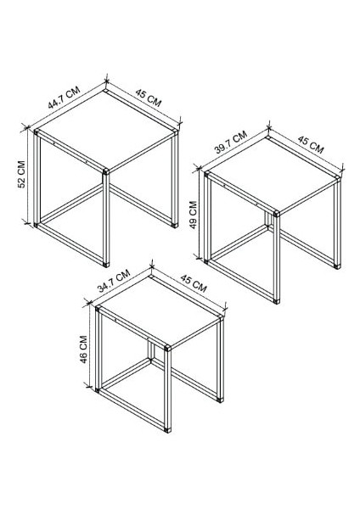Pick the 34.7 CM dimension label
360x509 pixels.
(114, 281)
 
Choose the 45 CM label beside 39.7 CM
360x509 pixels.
(310, 146)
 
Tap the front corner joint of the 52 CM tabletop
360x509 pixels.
(105, 171)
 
